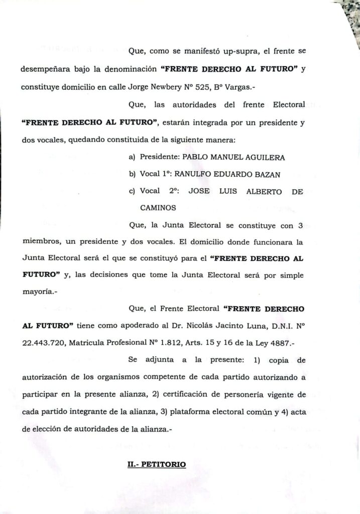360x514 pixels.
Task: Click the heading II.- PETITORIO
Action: (x=157, y=465)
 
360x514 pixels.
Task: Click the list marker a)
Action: (x=133, y=158)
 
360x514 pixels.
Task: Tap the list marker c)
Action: (x=133, y=191)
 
